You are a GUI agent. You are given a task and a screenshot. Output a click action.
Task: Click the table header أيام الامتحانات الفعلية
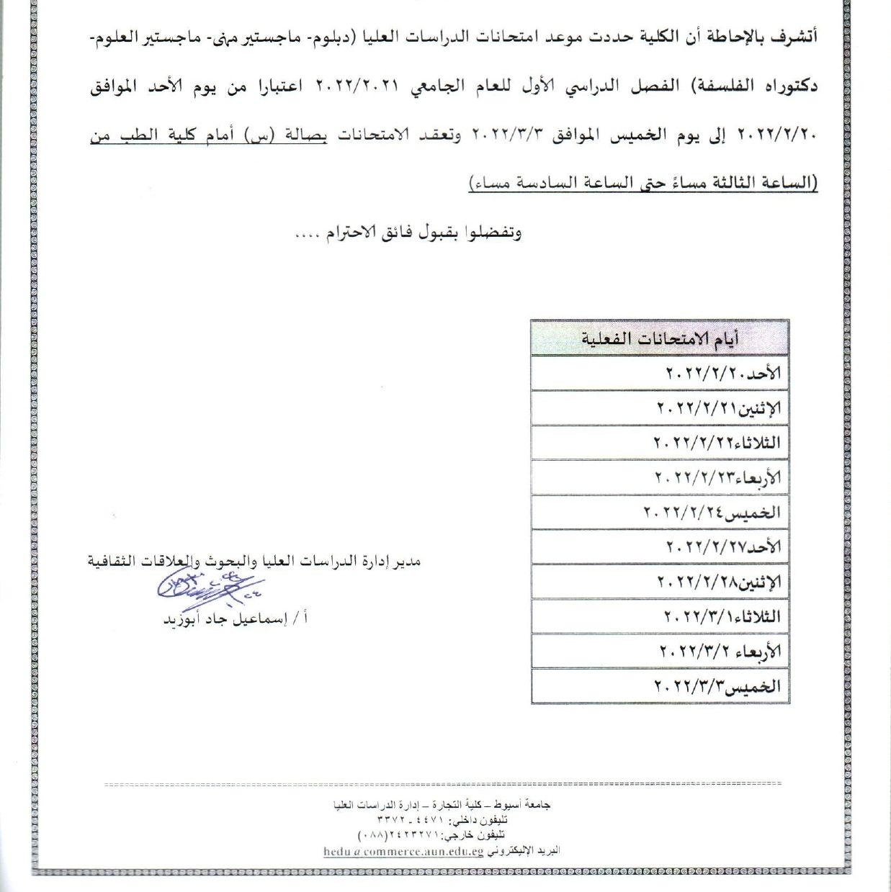(660, 338)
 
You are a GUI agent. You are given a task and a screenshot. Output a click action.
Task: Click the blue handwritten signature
(210, 588)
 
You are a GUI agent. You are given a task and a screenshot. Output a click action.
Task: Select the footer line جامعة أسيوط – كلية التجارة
(442, 806)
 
